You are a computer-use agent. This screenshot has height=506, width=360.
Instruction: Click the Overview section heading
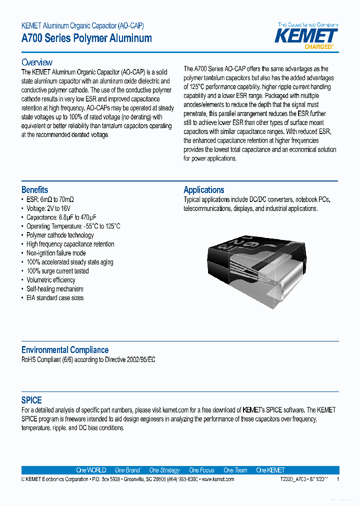click(36, 62)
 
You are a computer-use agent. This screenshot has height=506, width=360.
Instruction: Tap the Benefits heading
click(34, 190)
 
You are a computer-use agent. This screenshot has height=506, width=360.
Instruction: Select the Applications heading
click(203, 190)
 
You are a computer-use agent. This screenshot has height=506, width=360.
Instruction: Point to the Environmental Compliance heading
click(64, 350)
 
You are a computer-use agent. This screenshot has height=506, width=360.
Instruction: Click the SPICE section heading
click(31, 400)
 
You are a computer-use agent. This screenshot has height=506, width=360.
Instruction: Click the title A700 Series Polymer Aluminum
click(86, 38)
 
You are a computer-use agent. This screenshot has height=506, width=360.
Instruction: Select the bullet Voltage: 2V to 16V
click(48, 208)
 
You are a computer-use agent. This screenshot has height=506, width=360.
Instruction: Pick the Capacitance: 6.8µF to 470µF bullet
click(61, 217)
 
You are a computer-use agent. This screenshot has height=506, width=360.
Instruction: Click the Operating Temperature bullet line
click(73, 226)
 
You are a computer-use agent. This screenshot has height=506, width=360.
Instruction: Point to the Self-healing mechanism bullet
click(55, 289)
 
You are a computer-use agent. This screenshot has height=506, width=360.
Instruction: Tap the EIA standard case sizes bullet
click(55, 298)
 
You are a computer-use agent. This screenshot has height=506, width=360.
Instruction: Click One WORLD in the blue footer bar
click(91, 470)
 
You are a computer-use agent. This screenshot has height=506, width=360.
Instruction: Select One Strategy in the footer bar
click(164, 470)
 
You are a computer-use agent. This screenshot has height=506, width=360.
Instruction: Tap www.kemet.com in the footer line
click(217, 479)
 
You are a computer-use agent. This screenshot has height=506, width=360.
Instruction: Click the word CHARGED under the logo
click(318, 46)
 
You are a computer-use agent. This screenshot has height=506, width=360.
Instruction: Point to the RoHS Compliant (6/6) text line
click(88, 360)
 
